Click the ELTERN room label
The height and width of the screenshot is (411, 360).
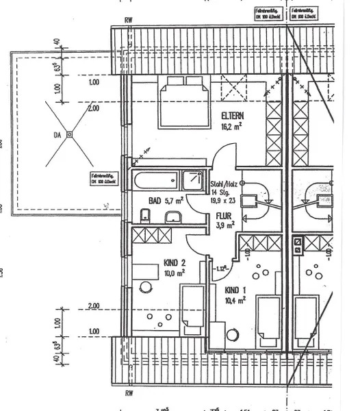233,115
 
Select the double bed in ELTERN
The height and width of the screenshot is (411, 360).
184,102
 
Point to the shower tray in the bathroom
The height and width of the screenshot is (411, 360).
192,182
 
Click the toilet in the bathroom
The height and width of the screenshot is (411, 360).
144,216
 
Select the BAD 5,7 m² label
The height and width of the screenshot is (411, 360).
166,201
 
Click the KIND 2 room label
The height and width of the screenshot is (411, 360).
175,262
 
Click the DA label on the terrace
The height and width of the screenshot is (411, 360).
57,136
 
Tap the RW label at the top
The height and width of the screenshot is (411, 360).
128,20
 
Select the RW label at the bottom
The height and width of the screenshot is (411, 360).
128,395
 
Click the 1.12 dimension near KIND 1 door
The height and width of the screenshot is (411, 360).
220,268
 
